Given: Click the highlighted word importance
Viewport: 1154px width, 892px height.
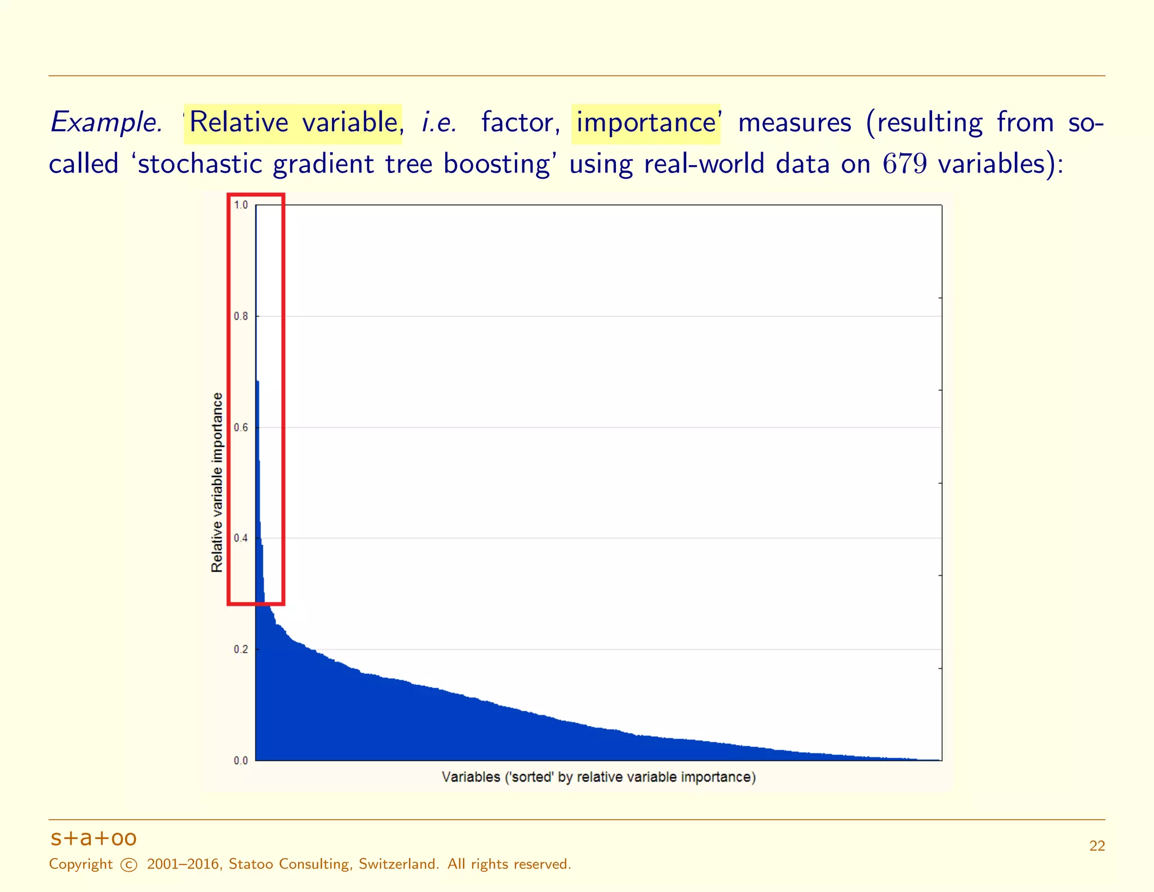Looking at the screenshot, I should tap(646, 123).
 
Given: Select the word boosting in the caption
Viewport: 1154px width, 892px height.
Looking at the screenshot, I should tap(496, 164).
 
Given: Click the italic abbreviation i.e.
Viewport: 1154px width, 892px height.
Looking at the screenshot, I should tap(440, 123).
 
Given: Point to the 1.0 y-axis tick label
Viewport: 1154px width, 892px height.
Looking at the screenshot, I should tap(241, 205).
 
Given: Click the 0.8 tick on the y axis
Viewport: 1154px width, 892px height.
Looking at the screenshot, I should tap(241, 316).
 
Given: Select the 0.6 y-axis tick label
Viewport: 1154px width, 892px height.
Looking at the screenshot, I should tap(241, 427).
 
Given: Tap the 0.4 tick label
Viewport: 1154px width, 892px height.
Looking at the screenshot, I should tap(241, 538).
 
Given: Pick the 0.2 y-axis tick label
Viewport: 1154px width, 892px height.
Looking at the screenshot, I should tap(241, 650).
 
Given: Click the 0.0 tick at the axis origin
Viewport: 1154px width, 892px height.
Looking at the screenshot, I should tap(241, 761).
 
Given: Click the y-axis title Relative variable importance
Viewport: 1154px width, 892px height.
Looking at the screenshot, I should tap(217, 483).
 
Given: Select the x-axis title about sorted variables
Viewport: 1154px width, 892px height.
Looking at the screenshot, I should tap(598, 777).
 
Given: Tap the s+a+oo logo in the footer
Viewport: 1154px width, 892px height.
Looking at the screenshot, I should tap(94, 838).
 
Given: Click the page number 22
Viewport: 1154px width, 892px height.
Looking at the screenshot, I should tap(1097, 846).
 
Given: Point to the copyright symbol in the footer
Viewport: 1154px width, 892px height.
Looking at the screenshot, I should tap(129, 865).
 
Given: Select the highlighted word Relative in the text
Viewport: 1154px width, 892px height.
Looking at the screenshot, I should tap(239, 123).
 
